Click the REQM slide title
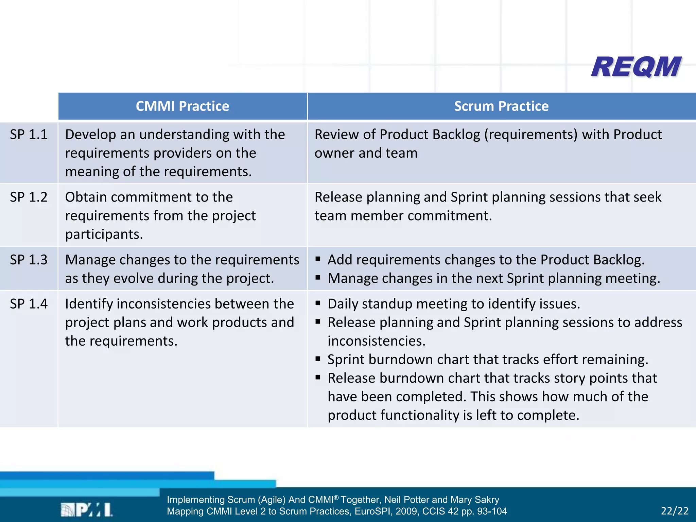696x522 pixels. pyautogui.click(x=636, y=67)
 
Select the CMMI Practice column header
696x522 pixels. pyautogui.click(x=182, y=106)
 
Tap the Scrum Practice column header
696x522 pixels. pyautogui.click(x=501, y=106)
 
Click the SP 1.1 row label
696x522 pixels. pyautogui.click(x=29, y=135)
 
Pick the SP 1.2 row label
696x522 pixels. pyautogui.click(x=29, y=197)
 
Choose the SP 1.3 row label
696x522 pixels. pyautogui.click(x=29, y=260)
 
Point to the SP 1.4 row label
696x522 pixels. pyautogui.click(x=29, y=304)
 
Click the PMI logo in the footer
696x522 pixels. pyautogui.click(x=87, y=510)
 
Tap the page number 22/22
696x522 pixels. pyautogui.click(x=674, y=511)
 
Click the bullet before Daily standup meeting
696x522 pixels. pyautogui.click(x=318, y=303)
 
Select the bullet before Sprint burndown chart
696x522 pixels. pyautogui.click(x=318, y=359)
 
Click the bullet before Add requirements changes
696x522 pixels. pyautogui.click(x=318, y=259)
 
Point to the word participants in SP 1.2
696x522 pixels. pyautogui.click(x=104, y=234)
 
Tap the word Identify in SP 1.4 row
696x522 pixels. pyautogui.click(x=88, y=304)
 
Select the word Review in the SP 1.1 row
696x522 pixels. pyautogui.click(x=336, y=135)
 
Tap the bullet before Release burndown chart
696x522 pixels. pyautogui.click(x=318, y=377)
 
